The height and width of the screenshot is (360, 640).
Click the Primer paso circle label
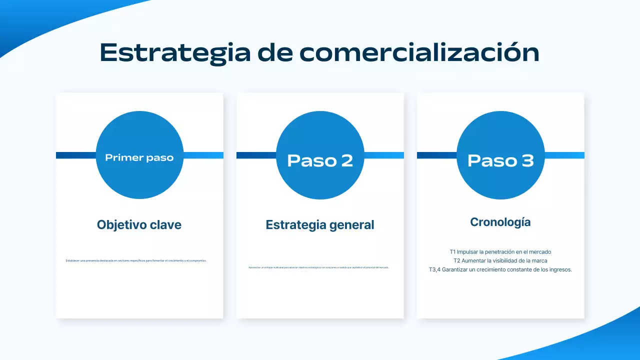[x=139, y=158]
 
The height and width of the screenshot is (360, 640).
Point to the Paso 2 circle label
[x=320, y=160]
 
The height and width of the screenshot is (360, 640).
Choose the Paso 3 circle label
[x=500, y=160]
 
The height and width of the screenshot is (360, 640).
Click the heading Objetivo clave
[x=139, y=225]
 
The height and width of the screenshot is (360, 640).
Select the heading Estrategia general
[x=320, y=225]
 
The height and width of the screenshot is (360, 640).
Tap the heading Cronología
[x=500, y=222]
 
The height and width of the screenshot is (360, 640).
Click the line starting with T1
[x=500, y=252]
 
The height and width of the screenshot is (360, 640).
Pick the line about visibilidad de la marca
[x=500, y=260]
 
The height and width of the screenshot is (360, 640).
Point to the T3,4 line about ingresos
[x=500, y=269]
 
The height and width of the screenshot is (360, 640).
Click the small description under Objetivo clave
[x=136, y=260]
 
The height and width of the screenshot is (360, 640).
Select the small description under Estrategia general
[x=318, y=267]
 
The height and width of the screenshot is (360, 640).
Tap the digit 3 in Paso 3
[x=527, y=160]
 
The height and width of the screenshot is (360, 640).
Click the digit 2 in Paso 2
[x=346, y=160]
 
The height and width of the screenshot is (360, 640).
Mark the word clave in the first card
[x=166, y=225]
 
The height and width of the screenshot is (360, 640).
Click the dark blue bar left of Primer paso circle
[x=75, y=155]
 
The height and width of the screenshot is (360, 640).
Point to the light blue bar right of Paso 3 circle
[x=564, y=155]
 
